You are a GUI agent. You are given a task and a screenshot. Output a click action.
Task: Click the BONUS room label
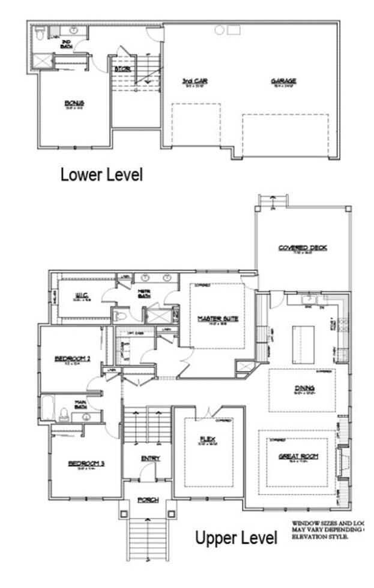coord(74,102)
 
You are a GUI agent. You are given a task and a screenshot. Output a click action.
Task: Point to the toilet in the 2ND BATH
coord(40,32)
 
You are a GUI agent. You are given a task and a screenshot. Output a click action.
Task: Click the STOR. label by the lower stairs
coord(122,69)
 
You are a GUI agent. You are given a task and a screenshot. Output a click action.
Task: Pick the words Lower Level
coord(101,175)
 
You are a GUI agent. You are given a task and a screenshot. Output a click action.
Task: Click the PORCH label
coord(148,500)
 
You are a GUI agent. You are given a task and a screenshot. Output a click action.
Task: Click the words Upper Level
coord(235,538)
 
